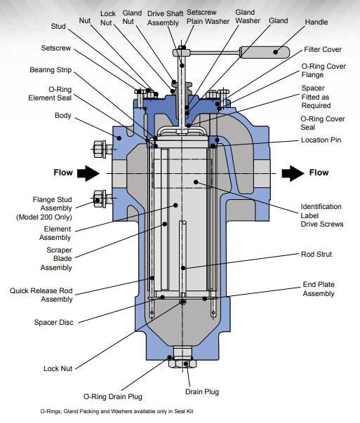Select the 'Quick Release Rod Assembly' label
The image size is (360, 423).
[42, 294]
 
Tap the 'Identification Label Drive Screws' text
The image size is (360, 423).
[321, 215]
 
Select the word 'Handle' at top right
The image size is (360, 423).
[316, 22]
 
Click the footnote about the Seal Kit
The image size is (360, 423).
[116, 412]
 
